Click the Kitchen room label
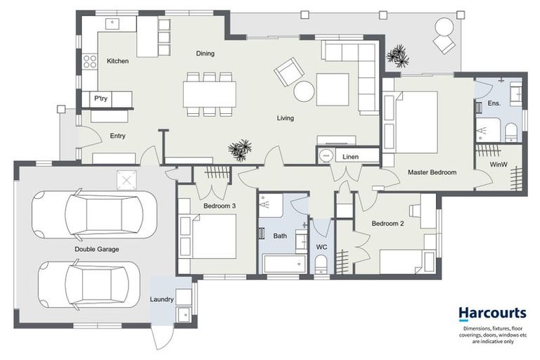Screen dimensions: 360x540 click(117, 61)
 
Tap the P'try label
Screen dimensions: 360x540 click(101, 100)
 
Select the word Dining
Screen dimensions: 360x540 click(205, 53)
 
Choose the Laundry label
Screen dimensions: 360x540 click(161, 300)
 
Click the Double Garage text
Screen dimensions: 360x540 click(97, 249)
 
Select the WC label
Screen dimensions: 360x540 click(322, 247)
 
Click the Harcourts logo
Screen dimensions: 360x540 click(492, 314)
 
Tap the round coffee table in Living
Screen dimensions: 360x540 click(304, 91)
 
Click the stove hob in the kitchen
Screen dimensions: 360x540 click(90, 61)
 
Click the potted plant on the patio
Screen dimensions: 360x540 click(398, 56)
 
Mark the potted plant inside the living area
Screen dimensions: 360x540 click(240, 149)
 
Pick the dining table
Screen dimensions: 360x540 click(208, 94)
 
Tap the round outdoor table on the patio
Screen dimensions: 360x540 click(444, 29)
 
